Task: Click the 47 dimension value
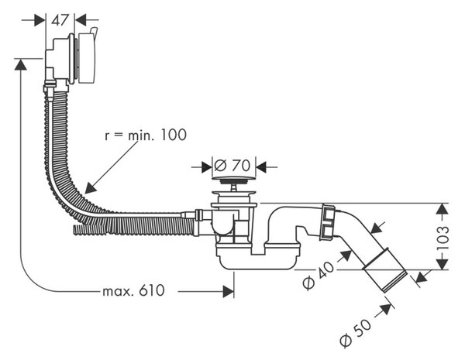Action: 60,20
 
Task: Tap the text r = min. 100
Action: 146,135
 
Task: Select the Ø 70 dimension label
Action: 232,165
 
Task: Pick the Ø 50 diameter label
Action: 355,333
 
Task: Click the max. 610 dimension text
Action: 133,291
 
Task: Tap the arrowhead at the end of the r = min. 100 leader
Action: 90,188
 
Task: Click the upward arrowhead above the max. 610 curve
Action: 20,64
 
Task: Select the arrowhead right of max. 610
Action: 229,292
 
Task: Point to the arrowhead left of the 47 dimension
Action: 40,20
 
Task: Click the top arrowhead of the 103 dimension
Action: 443,209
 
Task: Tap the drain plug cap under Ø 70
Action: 234,179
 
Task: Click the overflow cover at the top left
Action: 86,58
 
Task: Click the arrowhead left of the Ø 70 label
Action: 207,167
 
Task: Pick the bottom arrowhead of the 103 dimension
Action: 443,264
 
